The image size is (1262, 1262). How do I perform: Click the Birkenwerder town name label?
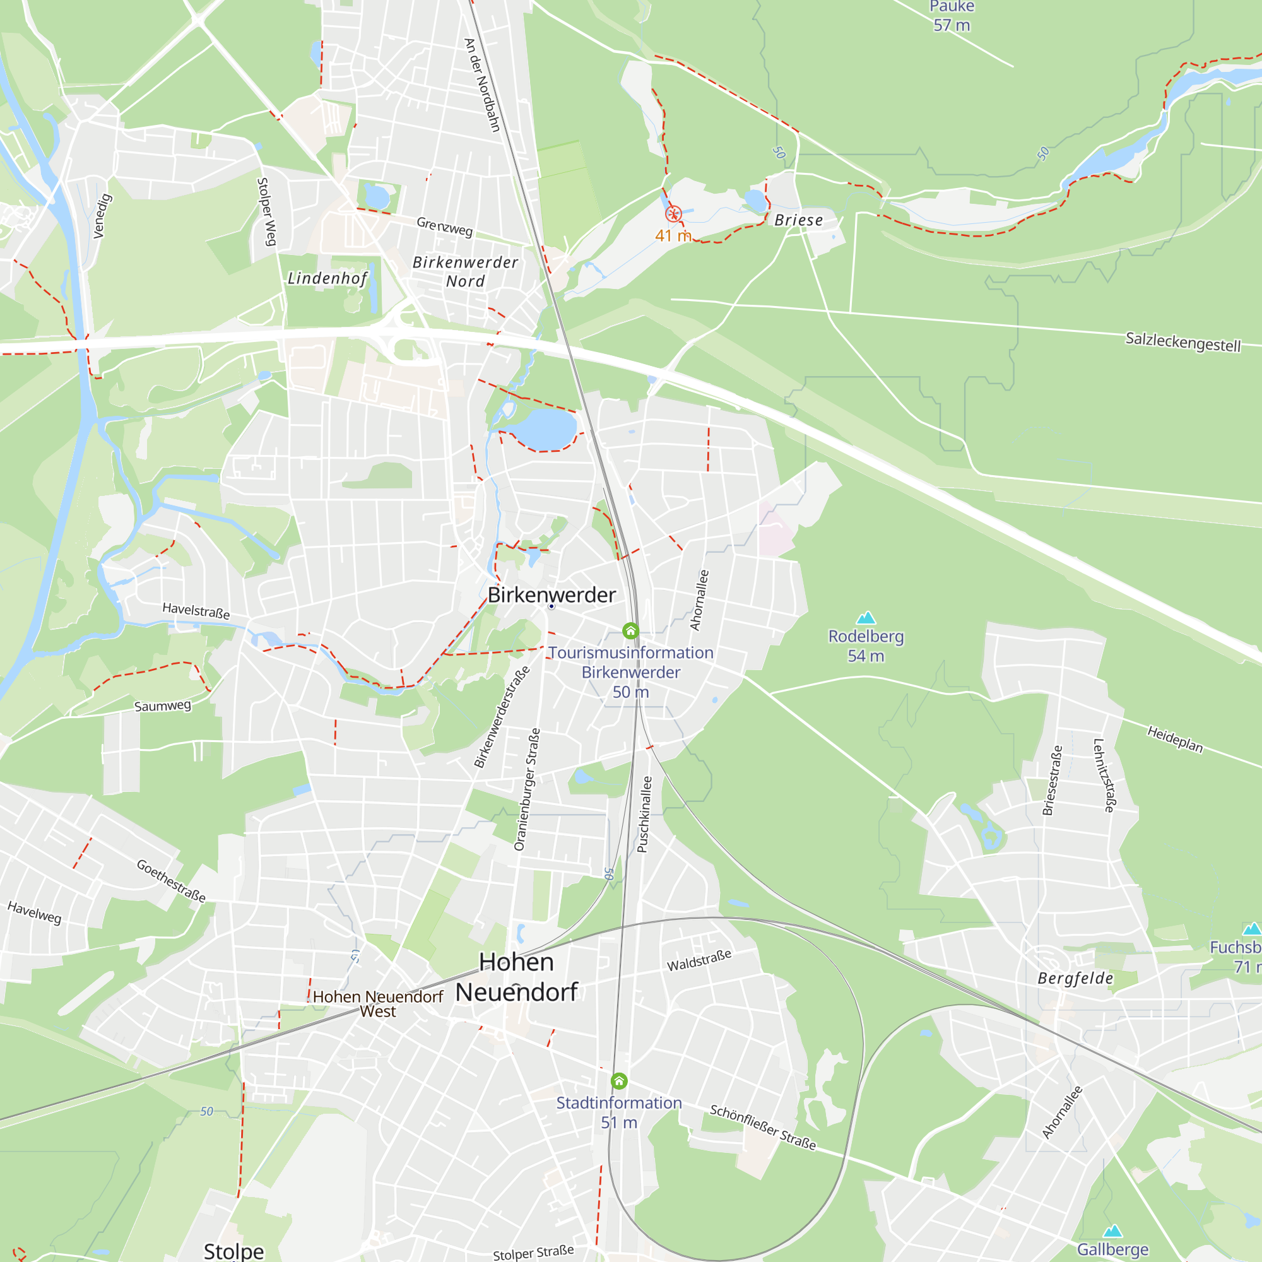pyautogui.click(x=551, y=595)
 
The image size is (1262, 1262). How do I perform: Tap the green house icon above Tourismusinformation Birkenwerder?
pyautogui.click(x=630, y=631)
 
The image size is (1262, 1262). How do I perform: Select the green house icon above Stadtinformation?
pyautogui.click(x=619, y=1081)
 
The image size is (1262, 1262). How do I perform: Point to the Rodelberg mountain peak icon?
pyautogui.click(x=866, y=618)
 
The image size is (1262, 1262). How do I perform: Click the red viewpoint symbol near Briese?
pyautogui.click(x=673, y=215)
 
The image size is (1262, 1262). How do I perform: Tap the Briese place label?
pyautogui.click(x=798, y=220)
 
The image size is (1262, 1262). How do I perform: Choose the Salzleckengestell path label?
pyautogui.click(x=1182, y=341)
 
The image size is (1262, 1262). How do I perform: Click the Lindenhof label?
pyautogui.click(x=327, y=278)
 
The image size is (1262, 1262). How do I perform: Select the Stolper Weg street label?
pyautogui.click(x=266, y=211)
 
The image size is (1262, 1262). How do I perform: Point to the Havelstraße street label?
pyautogui.click(x=196, y=611)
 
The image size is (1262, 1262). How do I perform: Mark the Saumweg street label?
pyautogui.click(x=163, y=705)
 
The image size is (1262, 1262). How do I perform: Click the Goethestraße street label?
pyautogui.click(x=171, y=881)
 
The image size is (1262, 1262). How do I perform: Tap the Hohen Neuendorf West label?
pyautogui.click(x=377, y=1004)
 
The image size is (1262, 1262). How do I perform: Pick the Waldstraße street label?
pyautogui.click(x=699, y=961)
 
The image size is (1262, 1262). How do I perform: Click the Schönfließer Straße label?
pyautogui.click(x=762, y=1128)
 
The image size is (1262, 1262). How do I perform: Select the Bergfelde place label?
pyautogui.click(x=1075, y=978)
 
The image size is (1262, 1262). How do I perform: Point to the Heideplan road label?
pyautogui.click(x=1175, y=739)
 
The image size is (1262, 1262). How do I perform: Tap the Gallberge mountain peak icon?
pyautogui.click(x=1112, y=1231)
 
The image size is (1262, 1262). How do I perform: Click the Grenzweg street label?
pyautogui.click(x=444, y=227)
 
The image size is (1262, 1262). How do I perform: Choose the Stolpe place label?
pyautogui.click(x=234, y=1251)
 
